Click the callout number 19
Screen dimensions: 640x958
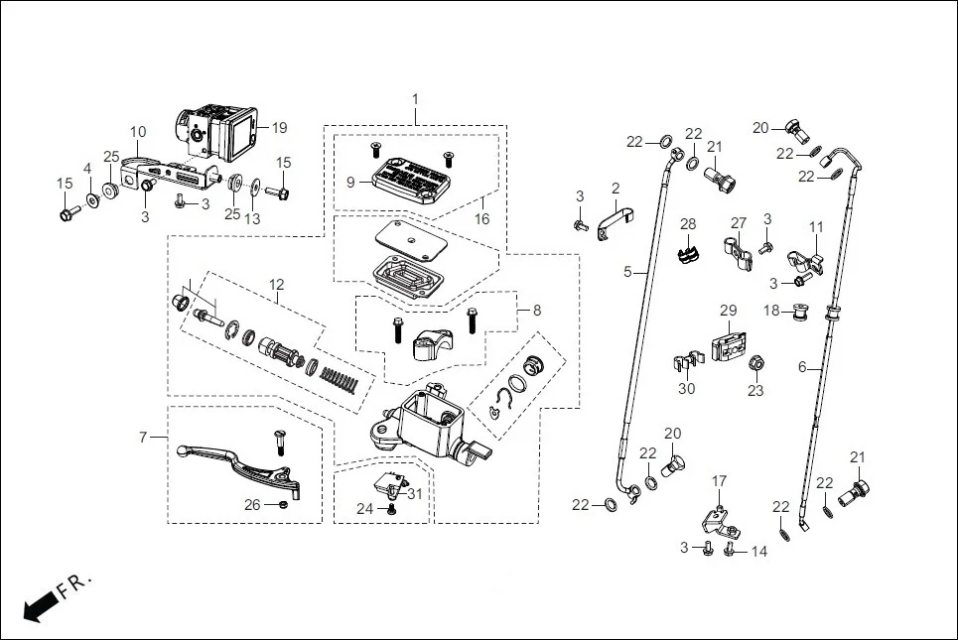point(279,127)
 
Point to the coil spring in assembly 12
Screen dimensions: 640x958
point(340,377)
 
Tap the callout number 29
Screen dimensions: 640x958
point(728,311)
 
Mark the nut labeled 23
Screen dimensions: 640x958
point(754,363)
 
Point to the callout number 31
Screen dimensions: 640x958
point(415,494)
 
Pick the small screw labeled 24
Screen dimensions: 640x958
point(391,509)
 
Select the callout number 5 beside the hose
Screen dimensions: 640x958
point(627,270)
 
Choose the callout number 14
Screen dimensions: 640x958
point(759,551)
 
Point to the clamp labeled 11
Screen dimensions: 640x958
point(806,262)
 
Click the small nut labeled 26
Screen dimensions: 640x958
point(283,505)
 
